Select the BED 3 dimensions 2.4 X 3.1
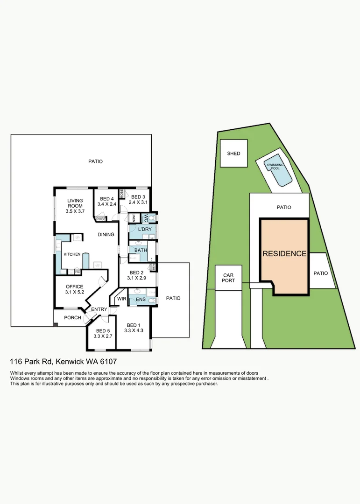click(x=139, y=203)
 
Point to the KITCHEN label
click(x=72, y=254)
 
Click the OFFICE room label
click(x=74, y=287)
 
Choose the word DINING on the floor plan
click(x=106, y=234)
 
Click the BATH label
click(x=141, y=250)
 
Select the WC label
click(x=146, y=217)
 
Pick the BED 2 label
click(x=136, y=273)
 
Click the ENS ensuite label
click(x=141, y=299)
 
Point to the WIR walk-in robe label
click(x=121, y=299)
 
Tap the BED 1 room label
click(x=133, y=325)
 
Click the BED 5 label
click(x=100, y=330)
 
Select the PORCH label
click(x=72, y=318)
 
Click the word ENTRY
click(x=99, y=309)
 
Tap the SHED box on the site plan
click(x=233, y=153)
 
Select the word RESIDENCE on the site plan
click(x=284, y=254)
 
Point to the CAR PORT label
click(x=228, y=278)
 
